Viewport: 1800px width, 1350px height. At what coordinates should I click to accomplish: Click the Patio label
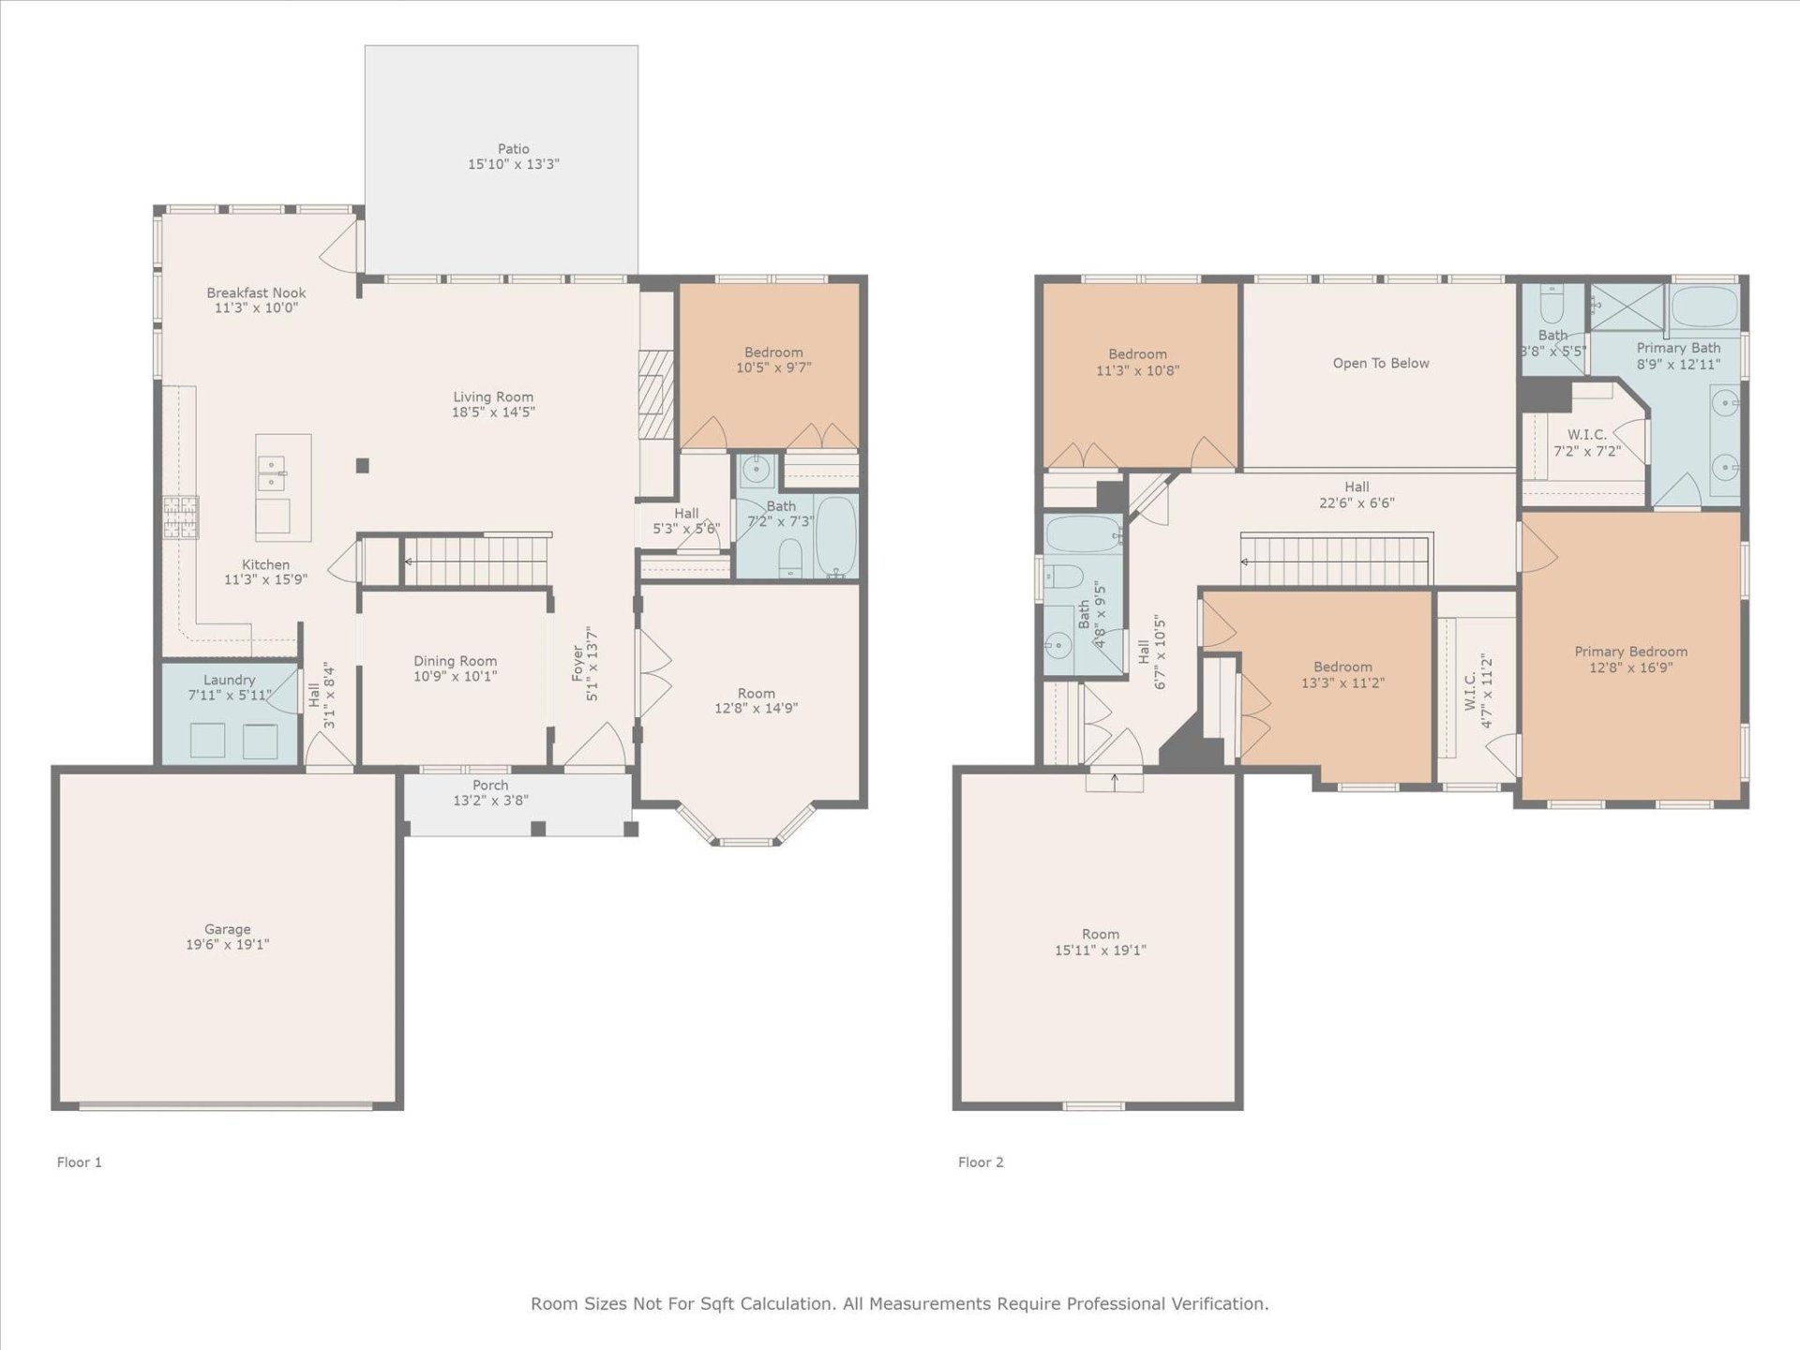513,149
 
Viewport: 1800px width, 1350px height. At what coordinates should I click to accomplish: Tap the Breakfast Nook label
256,293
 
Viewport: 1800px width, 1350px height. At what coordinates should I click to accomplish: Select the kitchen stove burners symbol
181,517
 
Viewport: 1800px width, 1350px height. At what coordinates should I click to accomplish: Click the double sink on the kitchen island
272,473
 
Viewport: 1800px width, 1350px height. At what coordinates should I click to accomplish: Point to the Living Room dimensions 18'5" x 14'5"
493,412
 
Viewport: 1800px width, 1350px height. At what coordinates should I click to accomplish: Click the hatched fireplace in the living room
655,395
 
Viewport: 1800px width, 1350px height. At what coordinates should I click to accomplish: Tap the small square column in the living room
363,465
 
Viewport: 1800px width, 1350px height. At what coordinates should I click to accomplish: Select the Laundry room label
229,681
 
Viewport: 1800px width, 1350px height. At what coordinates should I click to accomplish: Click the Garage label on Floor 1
227,930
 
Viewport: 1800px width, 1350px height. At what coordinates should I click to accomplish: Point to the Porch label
490,786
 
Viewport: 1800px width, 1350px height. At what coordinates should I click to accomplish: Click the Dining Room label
455,661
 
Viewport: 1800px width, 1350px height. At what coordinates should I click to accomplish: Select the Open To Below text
1380,364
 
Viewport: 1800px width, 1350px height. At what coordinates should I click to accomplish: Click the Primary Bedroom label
1630,652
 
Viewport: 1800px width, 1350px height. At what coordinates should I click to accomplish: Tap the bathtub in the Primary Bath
1704,307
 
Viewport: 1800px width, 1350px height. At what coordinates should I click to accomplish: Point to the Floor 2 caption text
980,1162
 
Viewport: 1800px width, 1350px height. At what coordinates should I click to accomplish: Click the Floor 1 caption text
79,1162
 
